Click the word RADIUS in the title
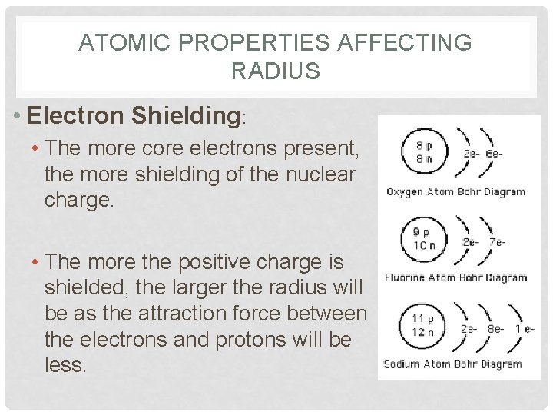(275, 71)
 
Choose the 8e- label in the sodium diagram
(495, 328)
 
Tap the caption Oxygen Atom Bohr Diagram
(455, 191)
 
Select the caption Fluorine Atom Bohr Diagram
(456, 277)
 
